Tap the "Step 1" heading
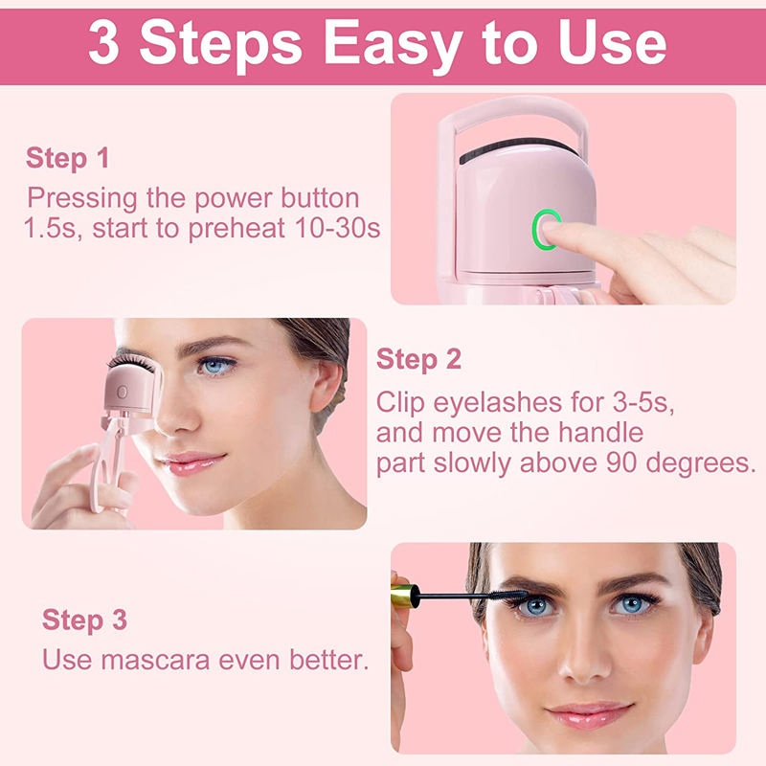click(67, 158)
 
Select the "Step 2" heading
click(418, 360)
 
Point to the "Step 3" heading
click(84, 620)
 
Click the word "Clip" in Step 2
click(401, 401)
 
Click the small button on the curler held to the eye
click(123, 393)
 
